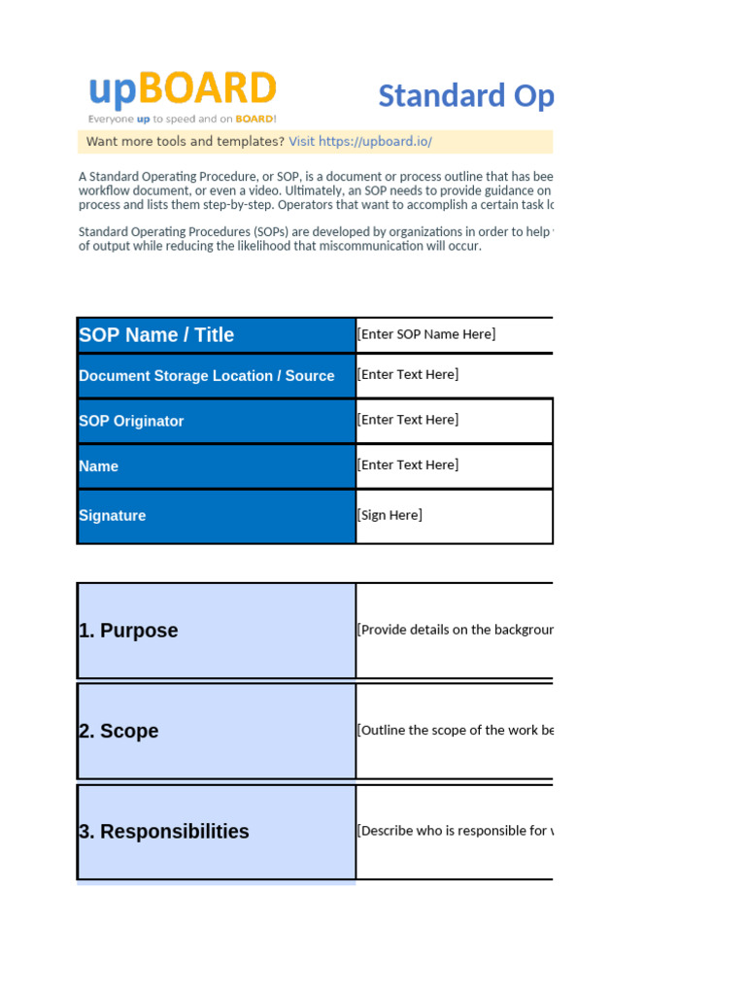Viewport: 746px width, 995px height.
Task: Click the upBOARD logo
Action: tap(182, 90)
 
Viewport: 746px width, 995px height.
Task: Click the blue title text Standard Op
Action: tap(465, 96)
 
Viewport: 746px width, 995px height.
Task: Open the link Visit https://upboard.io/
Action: tap(359, 142)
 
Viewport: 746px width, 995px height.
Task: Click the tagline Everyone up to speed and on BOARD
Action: tap(182, 120)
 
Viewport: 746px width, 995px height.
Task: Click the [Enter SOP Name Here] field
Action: tap(426, 334)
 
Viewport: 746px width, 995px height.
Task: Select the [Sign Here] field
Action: tap(390, 515)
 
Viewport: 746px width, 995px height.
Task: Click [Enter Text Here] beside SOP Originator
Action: tap(408, 420)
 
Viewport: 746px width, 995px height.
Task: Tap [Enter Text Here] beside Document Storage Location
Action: tap(408, 374)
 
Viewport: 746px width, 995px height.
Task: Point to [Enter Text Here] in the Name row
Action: tap(408, 465)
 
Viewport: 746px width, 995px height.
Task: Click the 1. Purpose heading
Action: tap(128, 631)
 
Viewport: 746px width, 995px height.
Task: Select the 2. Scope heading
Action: tap(119, 732)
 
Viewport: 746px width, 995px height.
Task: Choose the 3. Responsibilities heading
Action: tap(164, 832)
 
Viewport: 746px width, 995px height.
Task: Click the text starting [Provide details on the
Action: tap(455, 630)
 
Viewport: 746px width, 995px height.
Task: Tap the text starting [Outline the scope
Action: tap(455, 731)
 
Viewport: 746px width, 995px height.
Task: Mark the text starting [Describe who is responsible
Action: tap(455, 831)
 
